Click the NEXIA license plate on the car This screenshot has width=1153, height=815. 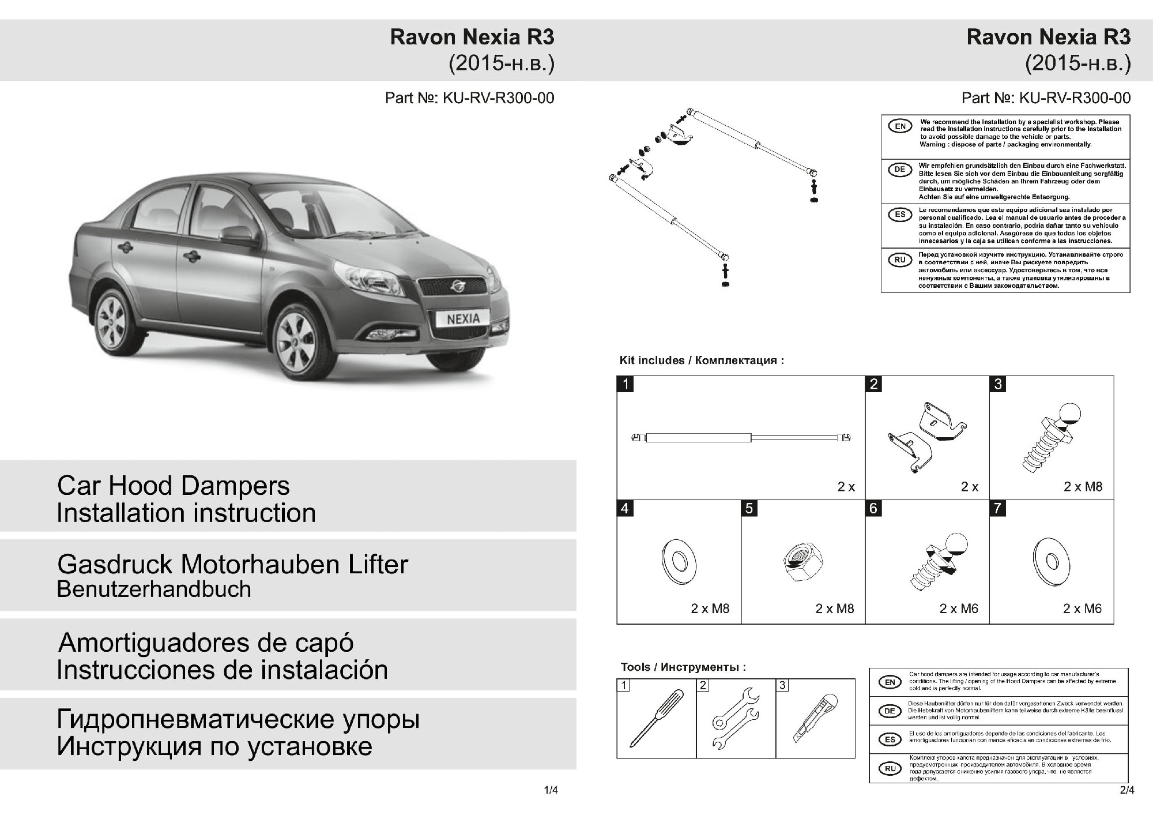463,318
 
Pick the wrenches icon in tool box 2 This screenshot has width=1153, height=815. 735,718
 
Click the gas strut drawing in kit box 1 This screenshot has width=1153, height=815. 741,438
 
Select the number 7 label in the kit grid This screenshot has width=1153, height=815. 998,508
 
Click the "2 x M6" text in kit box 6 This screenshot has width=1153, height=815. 959,609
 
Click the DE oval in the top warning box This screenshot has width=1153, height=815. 900,170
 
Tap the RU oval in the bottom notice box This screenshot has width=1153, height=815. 890,768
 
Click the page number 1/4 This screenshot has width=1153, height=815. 551,790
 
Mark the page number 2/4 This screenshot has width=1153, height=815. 1127,790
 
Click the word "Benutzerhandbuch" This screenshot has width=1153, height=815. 154,589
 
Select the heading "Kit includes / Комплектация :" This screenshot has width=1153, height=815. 702,360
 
